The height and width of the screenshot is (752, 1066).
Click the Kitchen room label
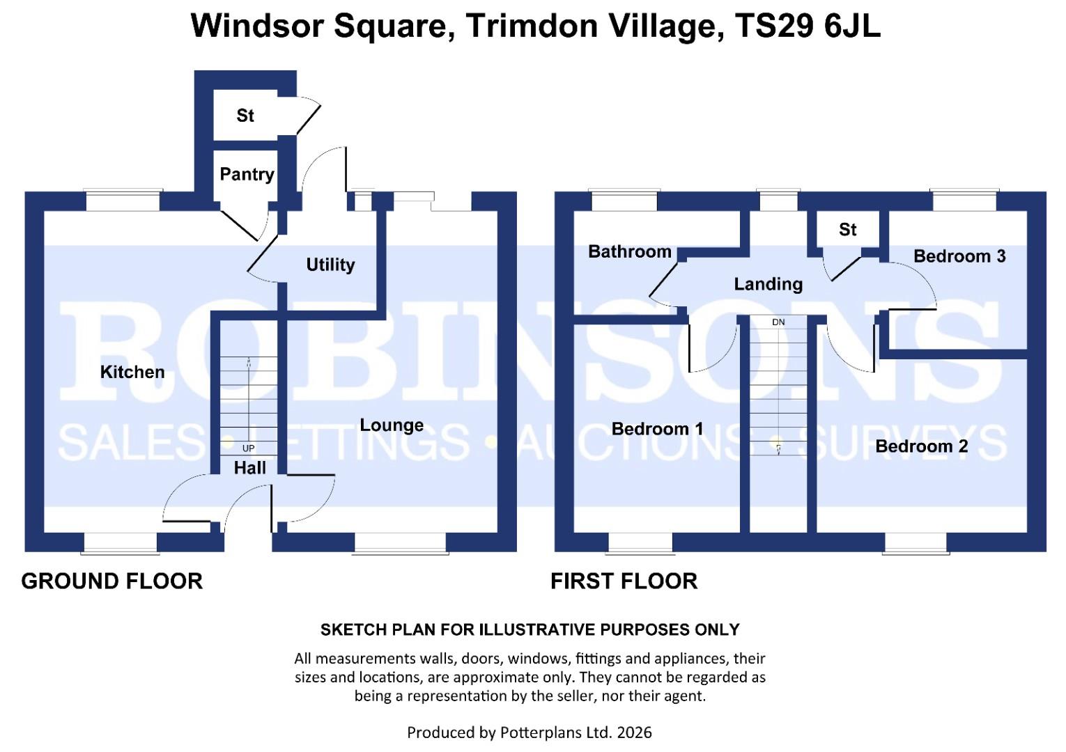pos(132,372)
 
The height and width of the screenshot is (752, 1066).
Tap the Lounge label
pos(392,425)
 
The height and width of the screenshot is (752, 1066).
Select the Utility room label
pos(330,265)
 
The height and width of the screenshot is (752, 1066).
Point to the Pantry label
pos(247,174)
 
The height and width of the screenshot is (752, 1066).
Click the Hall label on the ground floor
pos(249,468)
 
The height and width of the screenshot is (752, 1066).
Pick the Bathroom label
pos(629,251)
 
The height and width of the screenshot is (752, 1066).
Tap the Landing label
pos(768,284)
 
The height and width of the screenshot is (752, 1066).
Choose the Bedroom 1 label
pos(657,429)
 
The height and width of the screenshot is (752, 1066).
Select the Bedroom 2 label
pos(921,446)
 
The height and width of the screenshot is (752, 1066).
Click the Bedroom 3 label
pos(959,256)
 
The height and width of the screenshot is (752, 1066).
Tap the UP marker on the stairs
pos(248,448)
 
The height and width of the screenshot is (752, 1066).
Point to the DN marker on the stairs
pos(778,322)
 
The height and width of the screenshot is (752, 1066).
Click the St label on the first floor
pos(847,230)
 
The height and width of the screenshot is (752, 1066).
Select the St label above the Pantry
pos(245,116)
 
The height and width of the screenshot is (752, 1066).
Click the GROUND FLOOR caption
pos(111,581)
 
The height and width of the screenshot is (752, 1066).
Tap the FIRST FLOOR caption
pos(624,581)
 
